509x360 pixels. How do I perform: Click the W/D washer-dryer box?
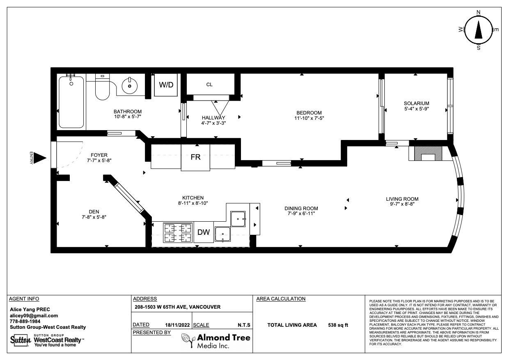(x=166, y=85)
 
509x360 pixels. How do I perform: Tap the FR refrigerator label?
(x=195, y=157)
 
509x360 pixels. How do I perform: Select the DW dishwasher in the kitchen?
(x=204, y=232)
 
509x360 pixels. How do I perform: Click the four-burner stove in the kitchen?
(x=178, y=232)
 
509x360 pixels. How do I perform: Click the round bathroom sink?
(x=130, y=86)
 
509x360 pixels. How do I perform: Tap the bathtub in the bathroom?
(x=71, y=102)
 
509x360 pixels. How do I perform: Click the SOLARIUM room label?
(x=416, y=103)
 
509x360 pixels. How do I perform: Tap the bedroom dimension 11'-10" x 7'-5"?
(x=309, y=118)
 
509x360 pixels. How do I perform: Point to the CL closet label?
(x=209, y=85)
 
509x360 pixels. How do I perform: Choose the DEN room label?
(x=94, y=212)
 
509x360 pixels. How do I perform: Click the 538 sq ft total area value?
(x=338, y=325)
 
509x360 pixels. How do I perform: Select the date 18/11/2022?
(x=177, y=325)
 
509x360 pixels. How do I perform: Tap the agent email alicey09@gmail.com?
(x=34, y=316)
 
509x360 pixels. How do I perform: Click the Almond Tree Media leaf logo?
(x=188, y=340)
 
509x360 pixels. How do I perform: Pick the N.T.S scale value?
(x=244, y=325)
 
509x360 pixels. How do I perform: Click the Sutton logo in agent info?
(x=21, y=340)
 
